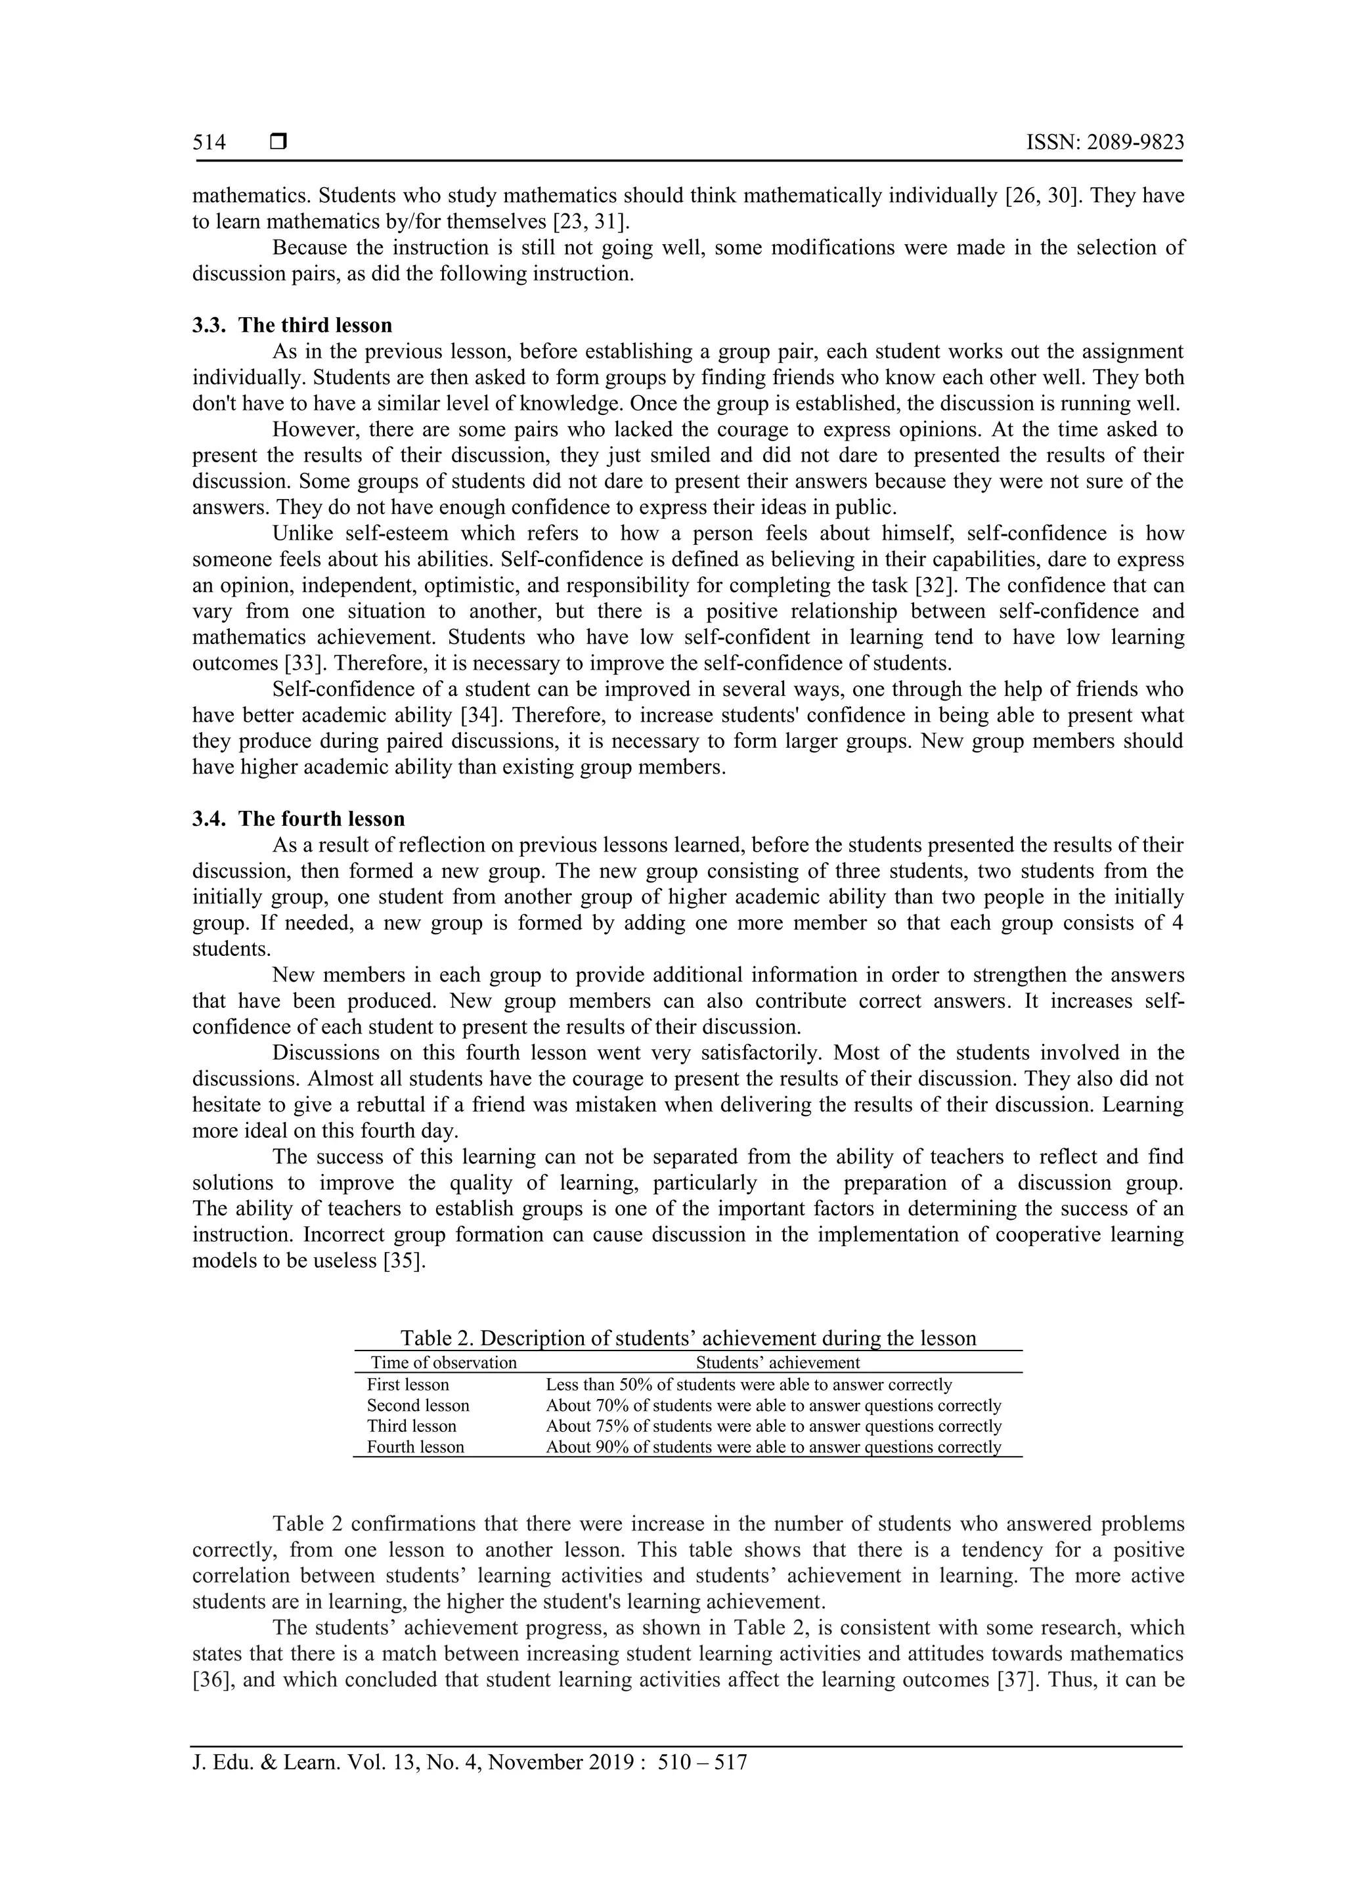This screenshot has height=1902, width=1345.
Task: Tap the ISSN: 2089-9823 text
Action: [x=1105, y=143]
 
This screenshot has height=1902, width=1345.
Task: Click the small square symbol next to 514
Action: [x=278, y=142]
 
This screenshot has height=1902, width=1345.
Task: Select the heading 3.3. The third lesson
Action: [x=292, y=325]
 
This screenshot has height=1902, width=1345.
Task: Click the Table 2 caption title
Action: [x=688, y=1338]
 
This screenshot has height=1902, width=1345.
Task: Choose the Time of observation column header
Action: [x=443, y=1363]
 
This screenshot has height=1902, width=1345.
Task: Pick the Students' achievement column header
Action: [x=778, y=1363]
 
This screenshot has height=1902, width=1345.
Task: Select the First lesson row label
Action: [x=408, y=1385]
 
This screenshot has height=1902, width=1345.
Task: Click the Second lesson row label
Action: [x=418, y=1406]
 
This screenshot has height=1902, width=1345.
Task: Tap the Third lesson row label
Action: [x=411, y=1427]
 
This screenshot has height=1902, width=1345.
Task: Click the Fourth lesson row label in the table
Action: [x=415, y=1447]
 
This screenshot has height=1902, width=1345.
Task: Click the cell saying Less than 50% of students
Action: [x=748, y=1385]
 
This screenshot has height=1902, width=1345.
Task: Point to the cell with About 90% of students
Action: [x=773, y=1447]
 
